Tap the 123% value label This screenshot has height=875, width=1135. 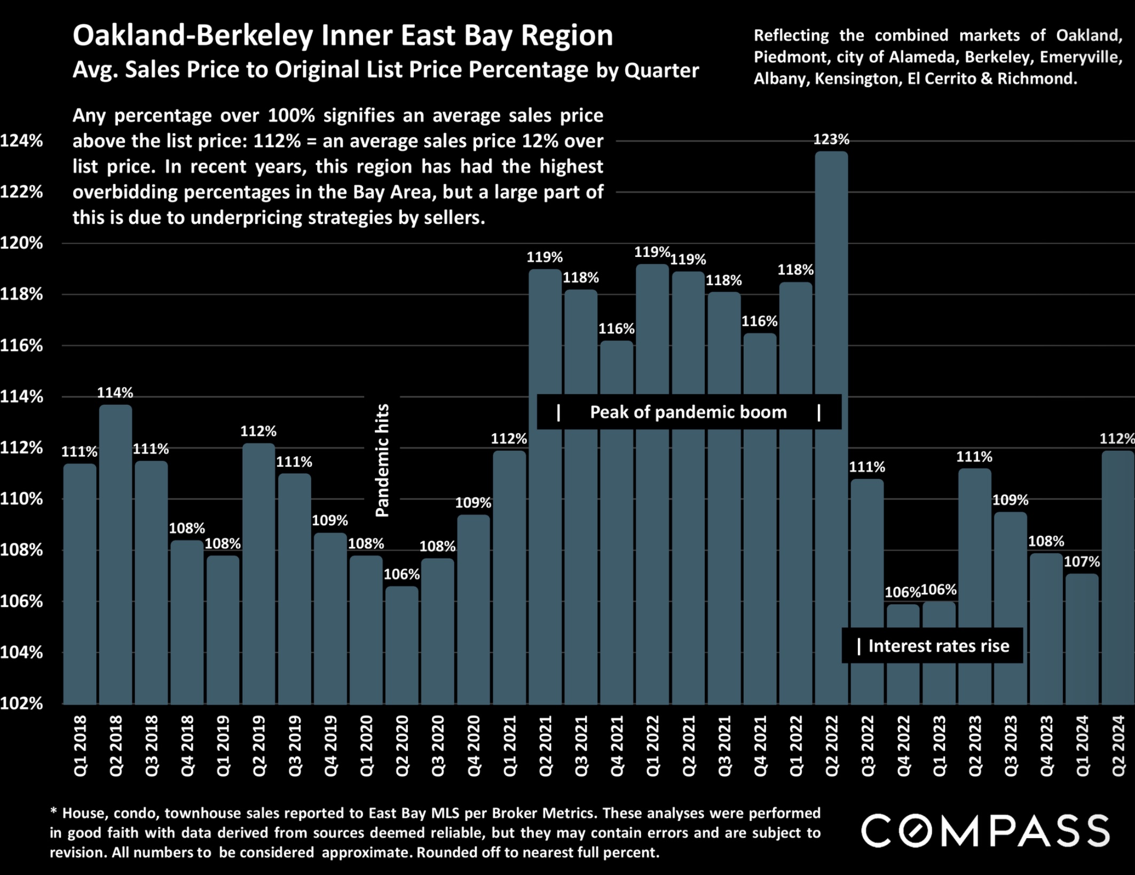831,139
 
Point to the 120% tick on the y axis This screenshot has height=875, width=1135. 21,243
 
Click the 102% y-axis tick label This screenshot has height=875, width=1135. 21,703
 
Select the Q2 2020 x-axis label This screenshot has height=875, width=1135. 402,746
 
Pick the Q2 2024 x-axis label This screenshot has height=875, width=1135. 1118,746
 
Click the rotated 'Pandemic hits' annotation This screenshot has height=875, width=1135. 382,460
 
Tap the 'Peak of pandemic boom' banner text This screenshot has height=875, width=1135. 688,412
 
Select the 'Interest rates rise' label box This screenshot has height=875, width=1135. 933,646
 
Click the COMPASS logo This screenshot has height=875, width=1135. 986,831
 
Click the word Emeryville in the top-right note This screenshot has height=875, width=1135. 1081,57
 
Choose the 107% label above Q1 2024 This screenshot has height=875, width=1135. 1082,561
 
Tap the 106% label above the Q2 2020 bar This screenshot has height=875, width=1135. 401,574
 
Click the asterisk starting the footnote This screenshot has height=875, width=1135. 53,811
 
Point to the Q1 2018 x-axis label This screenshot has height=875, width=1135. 80,746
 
